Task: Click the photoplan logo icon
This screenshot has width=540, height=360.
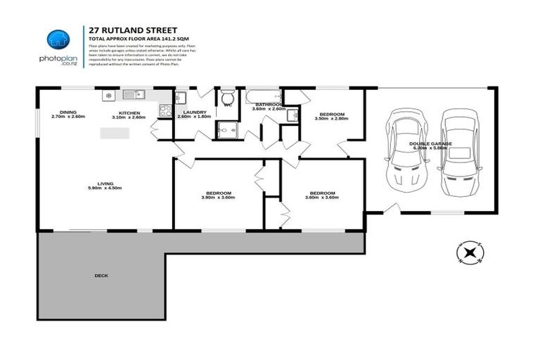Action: (58, 40)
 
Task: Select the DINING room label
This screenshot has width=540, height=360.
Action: (68, 112)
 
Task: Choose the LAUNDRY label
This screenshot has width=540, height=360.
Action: (193, 112)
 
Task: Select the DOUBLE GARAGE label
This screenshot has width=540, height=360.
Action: (431, 143)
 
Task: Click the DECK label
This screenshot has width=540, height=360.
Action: (101, 275)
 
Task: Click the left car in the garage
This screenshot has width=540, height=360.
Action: (404, 150)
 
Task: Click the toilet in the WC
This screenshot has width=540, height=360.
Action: (227, 95)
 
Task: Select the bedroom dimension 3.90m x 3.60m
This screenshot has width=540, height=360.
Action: (218, 198)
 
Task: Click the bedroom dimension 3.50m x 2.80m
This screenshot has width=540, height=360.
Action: (331, 119)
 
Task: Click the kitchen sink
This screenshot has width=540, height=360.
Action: (132, 94)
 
